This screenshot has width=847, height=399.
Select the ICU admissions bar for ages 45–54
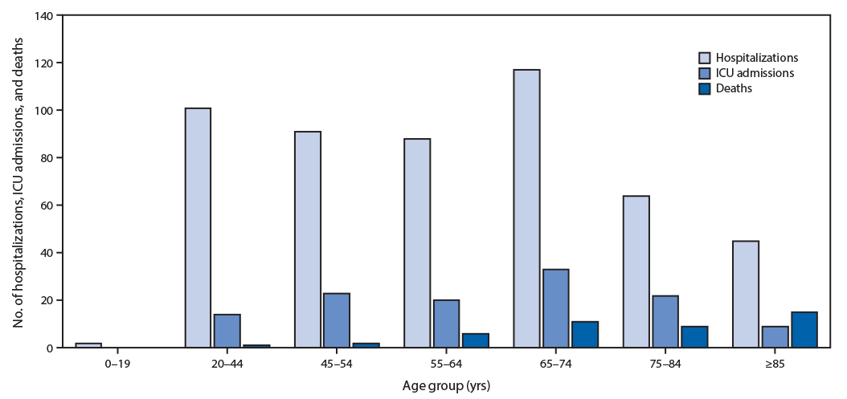[337, 320]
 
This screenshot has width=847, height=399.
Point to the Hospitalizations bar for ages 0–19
[88, 345]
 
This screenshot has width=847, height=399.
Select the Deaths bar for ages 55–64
[476, 340]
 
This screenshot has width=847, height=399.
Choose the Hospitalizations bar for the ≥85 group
[746, 294]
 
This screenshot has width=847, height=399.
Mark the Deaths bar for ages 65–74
[585, 335]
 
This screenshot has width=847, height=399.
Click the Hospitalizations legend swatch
[704, 58]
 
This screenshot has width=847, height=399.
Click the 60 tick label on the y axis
[50, 206]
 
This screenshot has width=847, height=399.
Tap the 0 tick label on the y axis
[52, 348]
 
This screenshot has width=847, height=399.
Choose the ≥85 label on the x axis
[775, 363]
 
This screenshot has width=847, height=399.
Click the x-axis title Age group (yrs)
[446, 385]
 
